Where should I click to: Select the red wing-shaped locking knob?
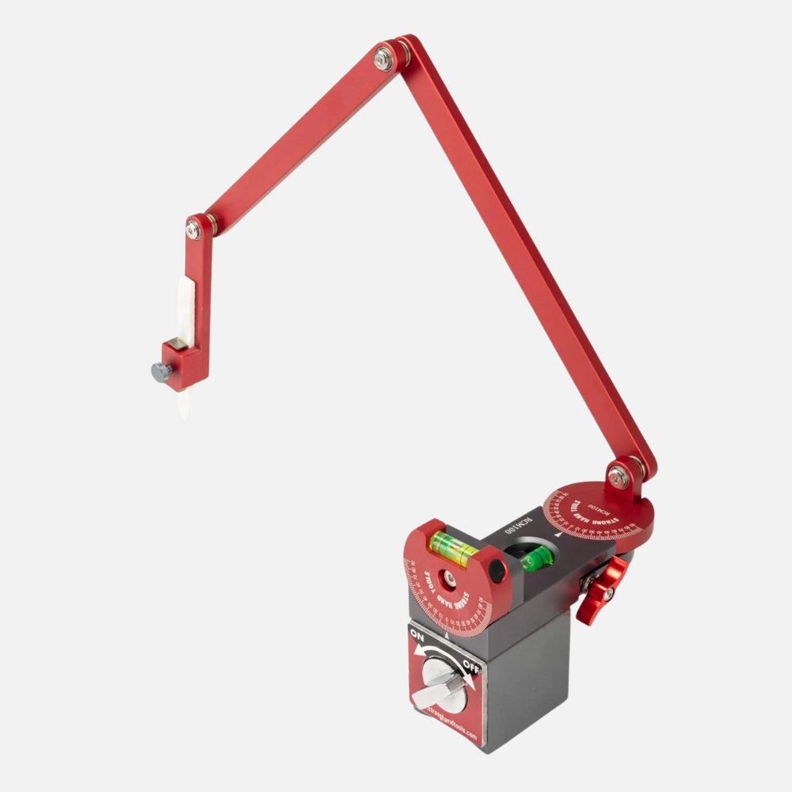[x=605, y=589]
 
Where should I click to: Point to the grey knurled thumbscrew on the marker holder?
[x=162, y=371]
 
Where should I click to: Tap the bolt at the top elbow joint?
[x=384, y=59]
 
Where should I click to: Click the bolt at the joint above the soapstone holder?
[x=193, y=230]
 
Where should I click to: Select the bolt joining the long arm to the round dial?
[x=618, y=478]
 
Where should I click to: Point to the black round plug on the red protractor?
[x=497, y=568]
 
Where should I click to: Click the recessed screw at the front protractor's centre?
[x=449, y=581]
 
